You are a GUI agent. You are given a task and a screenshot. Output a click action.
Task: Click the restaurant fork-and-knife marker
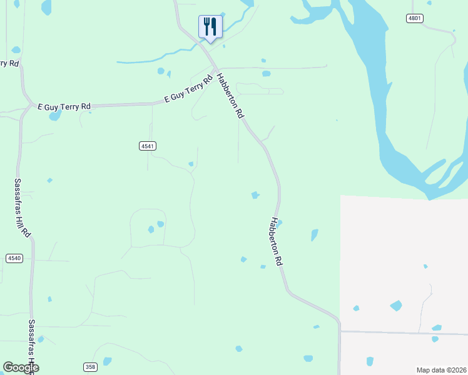210,27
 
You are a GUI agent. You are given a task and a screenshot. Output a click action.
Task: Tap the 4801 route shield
414,18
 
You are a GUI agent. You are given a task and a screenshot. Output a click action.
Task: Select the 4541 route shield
147,146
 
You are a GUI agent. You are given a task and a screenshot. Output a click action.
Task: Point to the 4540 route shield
14,258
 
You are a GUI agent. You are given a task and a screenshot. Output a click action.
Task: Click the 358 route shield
90,366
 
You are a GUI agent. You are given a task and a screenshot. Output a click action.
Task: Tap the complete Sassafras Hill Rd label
23,207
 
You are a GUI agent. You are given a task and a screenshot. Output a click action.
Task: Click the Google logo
21,367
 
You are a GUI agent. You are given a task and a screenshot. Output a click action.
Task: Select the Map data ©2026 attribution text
441,369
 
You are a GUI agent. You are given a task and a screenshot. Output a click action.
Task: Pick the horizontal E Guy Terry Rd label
64,107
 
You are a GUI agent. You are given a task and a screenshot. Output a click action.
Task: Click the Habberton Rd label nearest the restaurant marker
230,96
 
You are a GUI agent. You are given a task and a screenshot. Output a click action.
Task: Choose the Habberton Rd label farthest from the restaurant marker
277,242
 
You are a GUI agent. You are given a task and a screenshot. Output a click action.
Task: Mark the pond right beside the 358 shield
107,361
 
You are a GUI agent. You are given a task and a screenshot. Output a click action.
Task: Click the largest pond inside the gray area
396,306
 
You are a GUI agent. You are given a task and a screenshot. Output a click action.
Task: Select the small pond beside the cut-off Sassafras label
41,339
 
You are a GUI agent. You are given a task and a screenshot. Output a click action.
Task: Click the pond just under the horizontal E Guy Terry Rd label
55,116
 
